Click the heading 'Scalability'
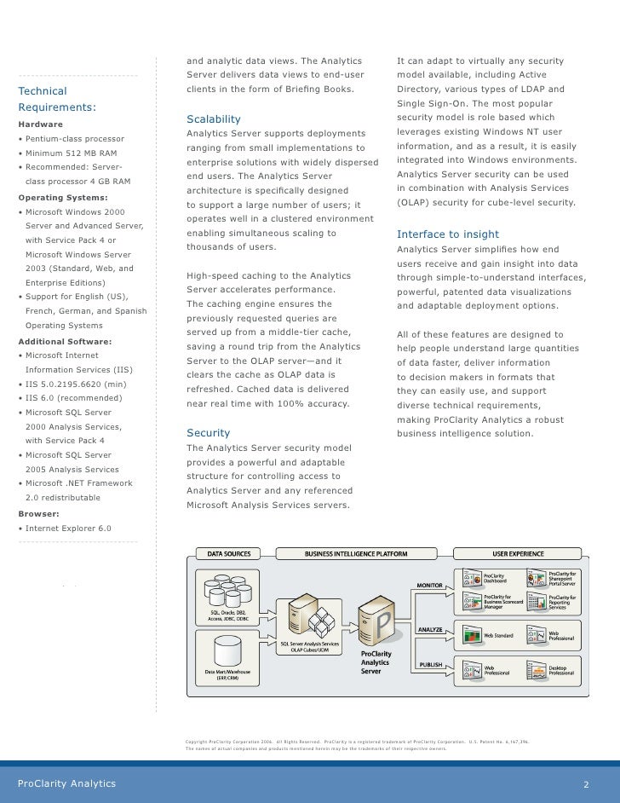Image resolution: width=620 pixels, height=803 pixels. (213, 119)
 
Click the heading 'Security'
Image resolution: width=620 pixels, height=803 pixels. (208, 433)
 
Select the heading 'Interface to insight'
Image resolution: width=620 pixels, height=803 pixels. (448, 234)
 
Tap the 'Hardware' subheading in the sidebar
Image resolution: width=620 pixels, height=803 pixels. (41, 124)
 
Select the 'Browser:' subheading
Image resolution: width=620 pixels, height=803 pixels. (38, 515)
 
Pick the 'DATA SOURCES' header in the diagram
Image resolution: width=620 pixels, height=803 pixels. (225, 554)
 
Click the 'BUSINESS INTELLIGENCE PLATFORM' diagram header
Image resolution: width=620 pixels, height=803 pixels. (356, 554)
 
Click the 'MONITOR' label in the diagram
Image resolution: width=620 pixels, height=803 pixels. (429, 586)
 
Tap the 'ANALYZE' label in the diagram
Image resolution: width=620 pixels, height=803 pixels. (429, 630)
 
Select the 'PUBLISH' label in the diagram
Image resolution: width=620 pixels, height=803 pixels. (429, 665)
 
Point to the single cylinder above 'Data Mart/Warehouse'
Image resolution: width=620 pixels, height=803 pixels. (227, 652)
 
